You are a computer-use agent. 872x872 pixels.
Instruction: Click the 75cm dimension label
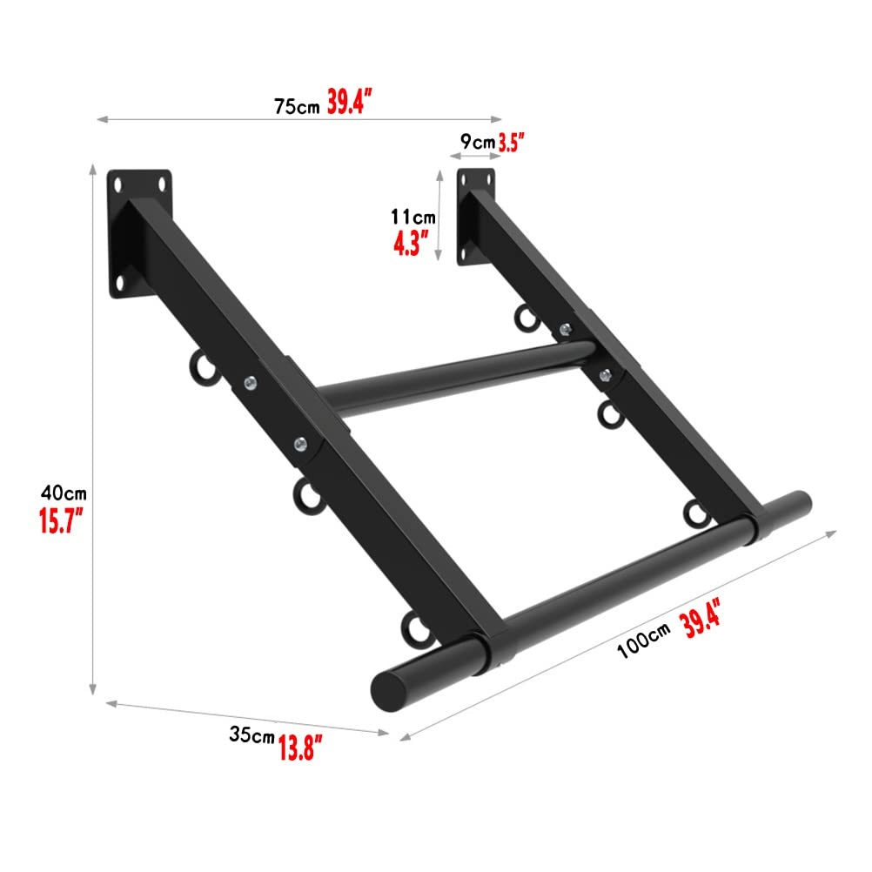click(297, 105)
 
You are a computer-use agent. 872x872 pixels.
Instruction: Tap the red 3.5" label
click(511, 143)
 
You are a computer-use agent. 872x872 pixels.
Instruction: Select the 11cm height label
click(413, 217)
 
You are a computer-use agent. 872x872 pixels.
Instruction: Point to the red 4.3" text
click(412, 243)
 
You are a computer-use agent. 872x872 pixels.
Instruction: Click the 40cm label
click(64, 493)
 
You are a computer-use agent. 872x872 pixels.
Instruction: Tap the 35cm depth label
click(252, 734)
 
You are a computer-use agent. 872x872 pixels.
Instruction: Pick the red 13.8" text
click(300, 748)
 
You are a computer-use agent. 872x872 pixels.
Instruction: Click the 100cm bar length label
click(643, 641)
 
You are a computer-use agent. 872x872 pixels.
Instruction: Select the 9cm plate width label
click(478, 142)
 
